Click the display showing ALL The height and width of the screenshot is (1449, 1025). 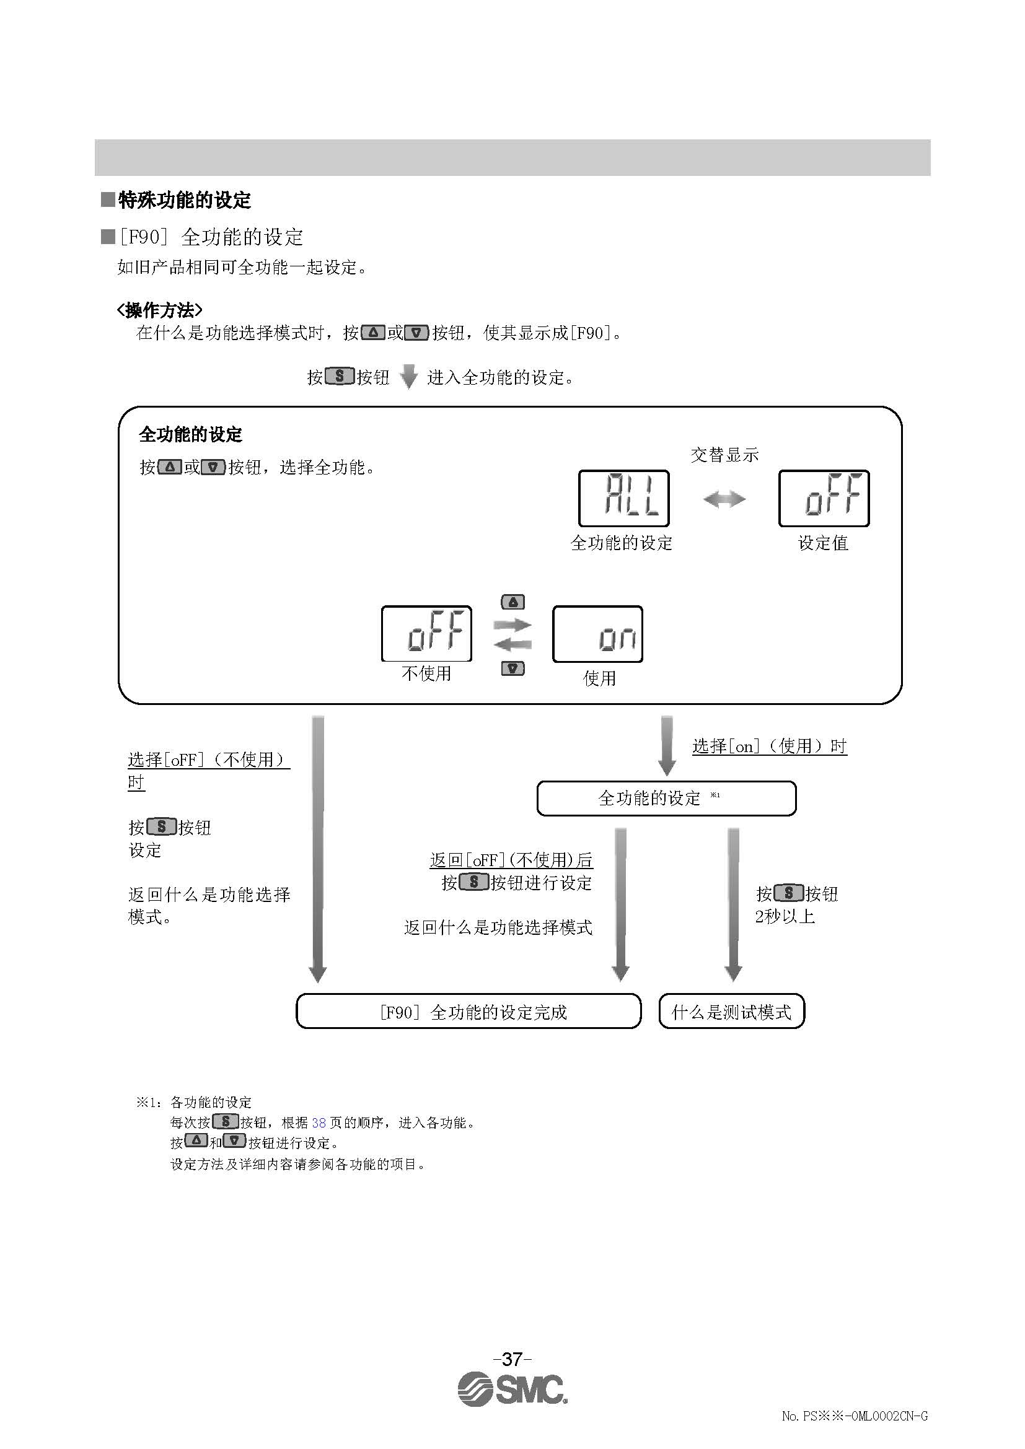(623, 498)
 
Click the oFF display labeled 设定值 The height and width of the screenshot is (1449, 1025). (823, 498)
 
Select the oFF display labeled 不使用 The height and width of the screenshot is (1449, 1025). (426, 634)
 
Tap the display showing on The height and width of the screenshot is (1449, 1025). (597, 634)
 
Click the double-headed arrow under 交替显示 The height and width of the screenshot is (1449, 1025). (724, 500)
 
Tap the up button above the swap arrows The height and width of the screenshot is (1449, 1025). (512, 602)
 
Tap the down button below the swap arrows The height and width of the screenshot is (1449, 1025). (512, 668)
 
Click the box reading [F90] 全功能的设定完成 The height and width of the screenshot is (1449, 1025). (469, 1012)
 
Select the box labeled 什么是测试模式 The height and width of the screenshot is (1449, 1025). (731, 1012)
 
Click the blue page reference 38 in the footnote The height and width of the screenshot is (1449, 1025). (319, 1123)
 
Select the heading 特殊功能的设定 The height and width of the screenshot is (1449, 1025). (184, 201)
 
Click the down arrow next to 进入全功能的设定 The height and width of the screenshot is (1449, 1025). (409, 377)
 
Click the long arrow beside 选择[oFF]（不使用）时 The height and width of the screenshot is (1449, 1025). (318, 848)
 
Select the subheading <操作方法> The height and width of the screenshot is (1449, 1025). (160, 310)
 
